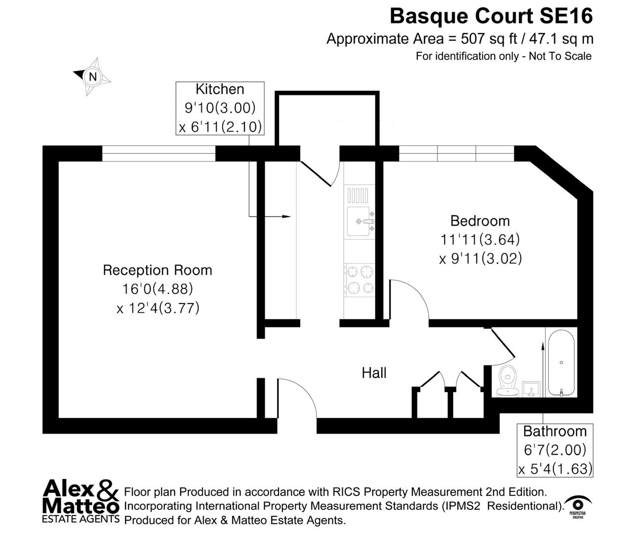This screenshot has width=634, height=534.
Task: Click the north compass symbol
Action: tap(92, 77)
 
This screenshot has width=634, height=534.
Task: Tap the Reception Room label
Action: tap(157, 270)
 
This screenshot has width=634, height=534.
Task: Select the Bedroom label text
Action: tap(480, 221)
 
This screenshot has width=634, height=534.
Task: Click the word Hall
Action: tap(374, 373)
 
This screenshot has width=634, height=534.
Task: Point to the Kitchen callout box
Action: tap(220, 108)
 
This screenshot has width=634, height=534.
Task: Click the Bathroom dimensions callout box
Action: tap(554, 450)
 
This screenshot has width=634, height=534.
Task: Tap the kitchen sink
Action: tap(360, 222)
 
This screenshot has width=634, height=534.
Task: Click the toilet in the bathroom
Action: tap(507, 381)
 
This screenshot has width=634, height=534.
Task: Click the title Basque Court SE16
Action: tap(491, 16)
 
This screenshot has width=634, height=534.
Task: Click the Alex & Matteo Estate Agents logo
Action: tap(81, 501)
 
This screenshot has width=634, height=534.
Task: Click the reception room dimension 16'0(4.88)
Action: tap(157, 289)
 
